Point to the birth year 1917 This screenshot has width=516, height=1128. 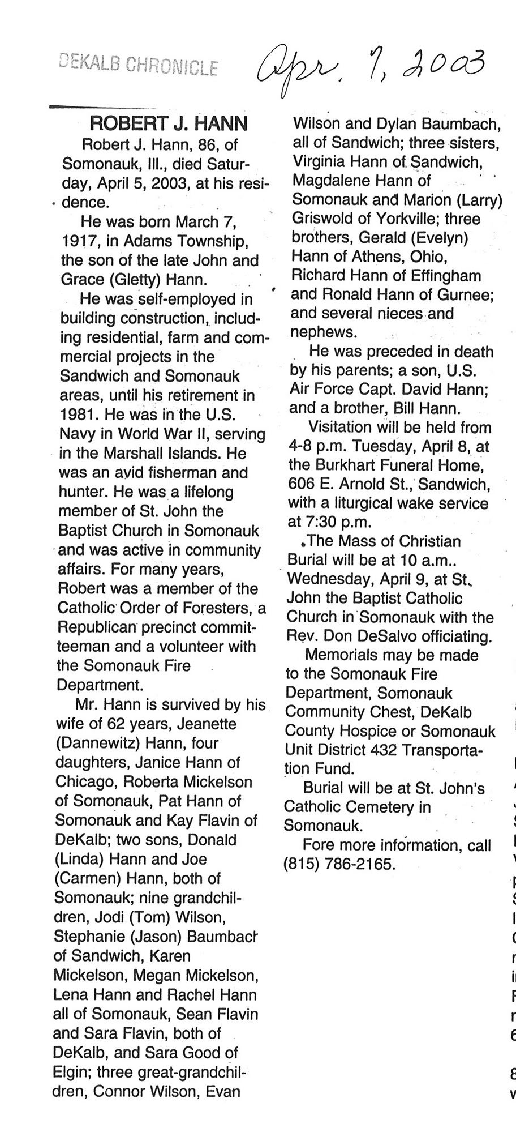(x=78, y=241)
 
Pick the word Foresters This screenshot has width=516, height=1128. (x=211, y=608)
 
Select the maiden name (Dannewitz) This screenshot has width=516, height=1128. (x=97, y=743)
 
